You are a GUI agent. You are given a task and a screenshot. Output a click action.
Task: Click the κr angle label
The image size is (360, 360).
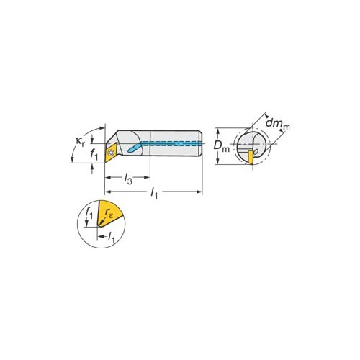point(80,141)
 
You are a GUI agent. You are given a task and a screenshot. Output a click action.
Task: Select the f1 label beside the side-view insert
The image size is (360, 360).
point(94,155)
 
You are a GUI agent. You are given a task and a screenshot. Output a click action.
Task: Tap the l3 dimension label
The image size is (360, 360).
point(128,179)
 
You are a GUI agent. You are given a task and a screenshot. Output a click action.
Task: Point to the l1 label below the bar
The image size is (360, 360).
point(154,193)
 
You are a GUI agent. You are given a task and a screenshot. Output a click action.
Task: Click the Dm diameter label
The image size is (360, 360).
point(222,146)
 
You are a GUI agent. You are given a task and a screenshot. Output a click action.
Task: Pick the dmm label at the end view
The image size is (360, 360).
point(278,124)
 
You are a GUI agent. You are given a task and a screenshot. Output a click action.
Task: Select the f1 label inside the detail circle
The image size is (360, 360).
point(89,213)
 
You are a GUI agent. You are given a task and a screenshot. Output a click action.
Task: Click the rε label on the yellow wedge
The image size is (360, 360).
point(109,212)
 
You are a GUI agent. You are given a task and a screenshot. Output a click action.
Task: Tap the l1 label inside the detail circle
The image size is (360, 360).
point(112,238)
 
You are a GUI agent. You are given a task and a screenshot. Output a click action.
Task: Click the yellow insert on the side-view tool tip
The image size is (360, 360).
point(111,153)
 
